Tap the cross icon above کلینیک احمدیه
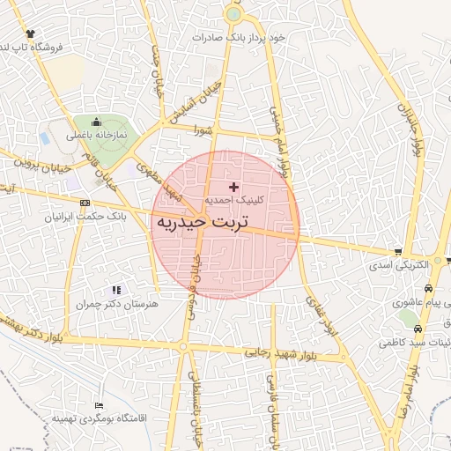[233, 187]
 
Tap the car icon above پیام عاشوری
[428, 288]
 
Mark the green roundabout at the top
[233, 14]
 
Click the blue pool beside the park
[45, 138]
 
